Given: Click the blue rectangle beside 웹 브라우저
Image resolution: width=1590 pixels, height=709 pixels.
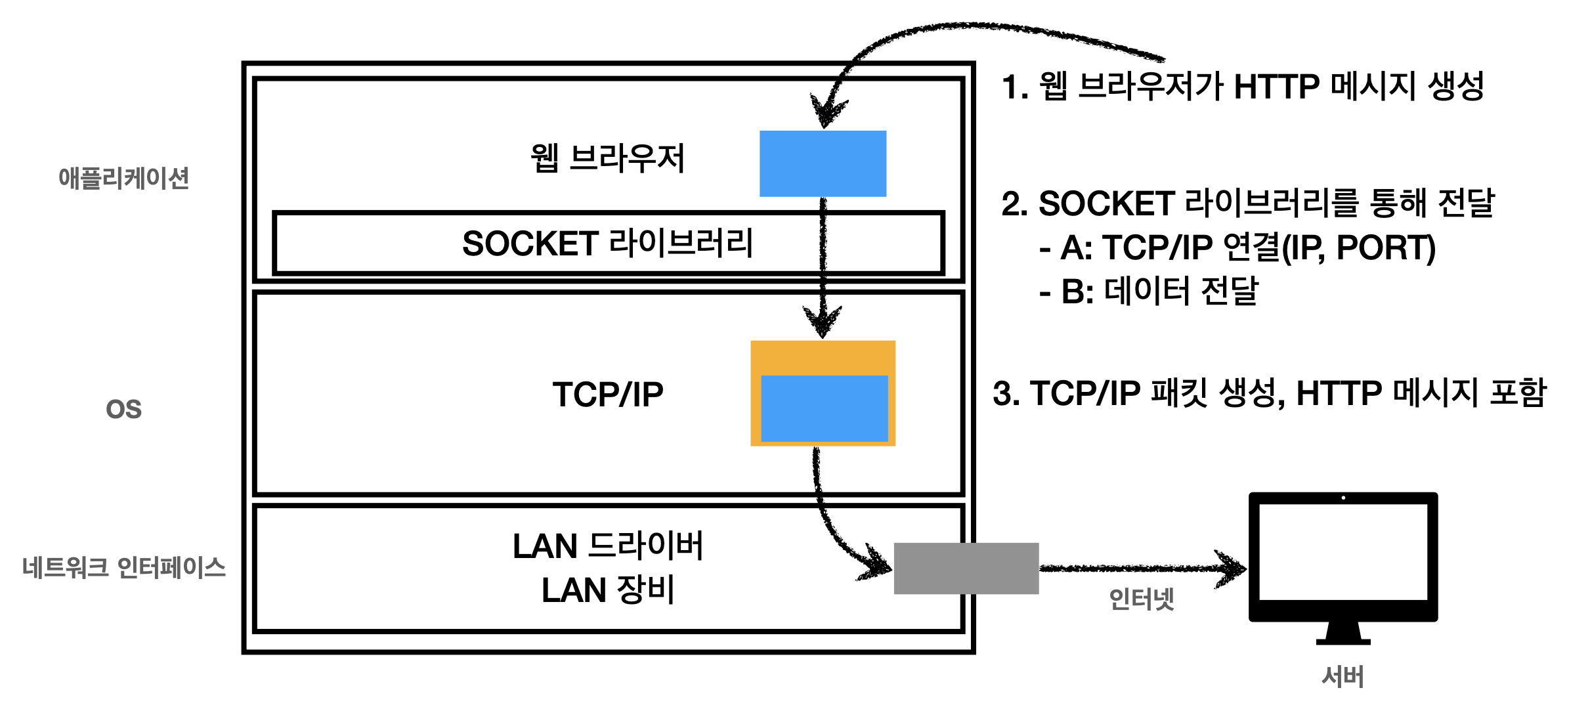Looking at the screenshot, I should point(823,163).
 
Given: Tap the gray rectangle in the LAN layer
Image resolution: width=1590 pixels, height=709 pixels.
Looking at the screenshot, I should point(966,569).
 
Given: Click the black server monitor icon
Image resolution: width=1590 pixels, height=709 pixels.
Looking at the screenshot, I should point(1343,558).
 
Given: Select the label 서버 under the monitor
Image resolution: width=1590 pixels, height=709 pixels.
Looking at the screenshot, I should point(1343,677).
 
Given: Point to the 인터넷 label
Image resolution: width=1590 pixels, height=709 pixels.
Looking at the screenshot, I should point(1141,599).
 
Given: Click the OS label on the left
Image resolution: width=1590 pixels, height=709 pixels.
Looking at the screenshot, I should point(123,410).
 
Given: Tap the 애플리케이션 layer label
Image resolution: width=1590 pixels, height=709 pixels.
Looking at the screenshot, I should point(123,178).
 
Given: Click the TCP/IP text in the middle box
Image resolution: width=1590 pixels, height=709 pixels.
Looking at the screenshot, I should point(608,395).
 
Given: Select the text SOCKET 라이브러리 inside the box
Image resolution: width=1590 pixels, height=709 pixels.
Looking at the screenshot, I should point(608,244).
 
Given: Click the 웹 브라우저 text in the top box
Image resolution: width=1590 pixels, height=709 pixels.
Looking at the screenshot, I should point(608,158).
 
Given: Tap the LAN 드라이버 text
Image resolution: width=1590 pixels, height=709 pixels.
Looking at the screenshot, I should point(608,546).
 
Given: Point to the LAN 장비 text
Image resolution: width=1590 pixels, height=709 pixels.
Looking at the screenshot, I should point(608,590).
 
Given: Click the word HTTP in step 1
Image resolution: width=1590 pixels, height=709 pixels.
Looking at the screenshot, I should point(1276,87).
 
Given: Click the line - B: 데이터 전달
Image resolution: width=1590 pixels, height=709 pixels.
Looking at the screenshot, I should point(1149,291).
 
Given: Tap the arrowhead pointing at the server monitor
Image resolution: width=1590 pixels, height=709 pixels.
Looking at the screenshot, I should point(1233,568).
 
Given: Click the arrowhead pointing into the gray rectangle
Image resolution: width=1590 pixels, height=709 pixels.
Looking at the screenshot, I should point(876,563).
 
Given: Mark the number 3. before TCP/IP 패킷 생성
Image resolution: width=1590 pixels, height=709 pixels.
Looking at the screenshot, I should point(1006,394).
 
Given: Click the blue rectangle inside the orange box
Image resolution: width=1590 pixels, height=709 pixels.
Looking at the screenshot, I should point(824,408).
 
